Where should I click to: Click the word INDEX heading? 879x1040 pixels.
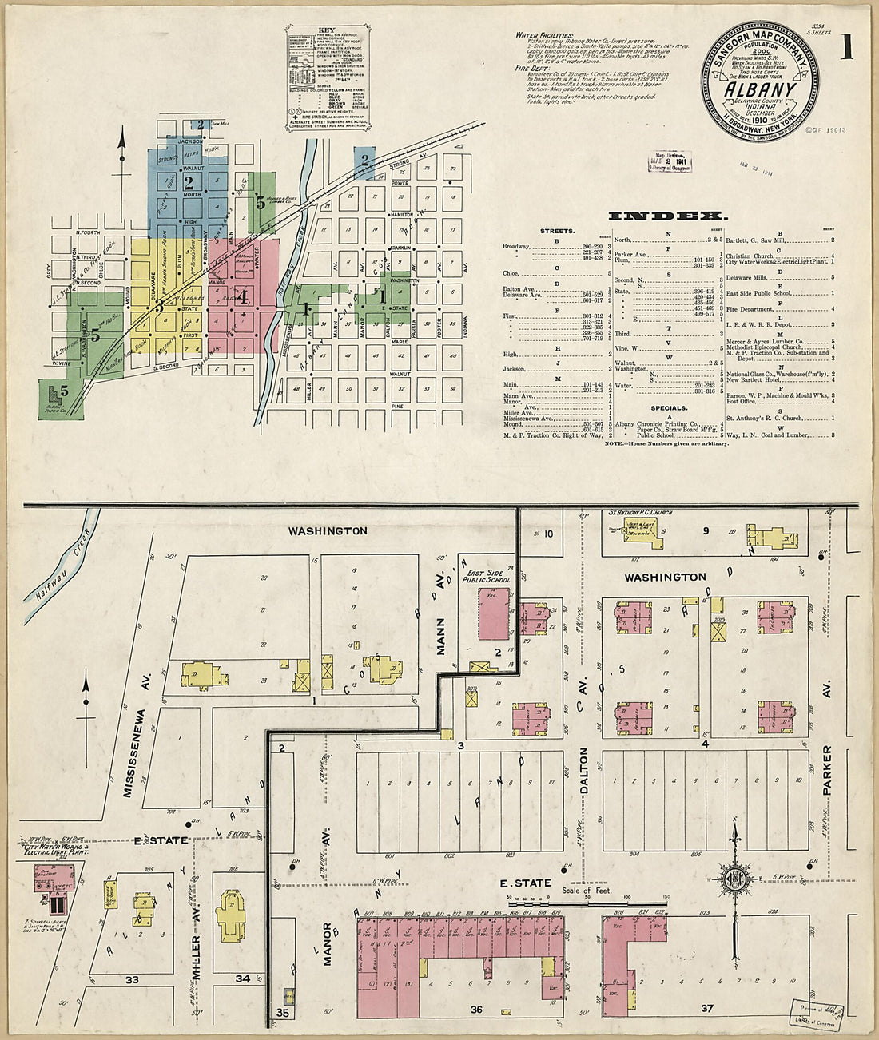(668, 216)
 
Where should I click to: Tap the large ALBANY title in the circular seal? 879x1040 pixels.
(759, 89)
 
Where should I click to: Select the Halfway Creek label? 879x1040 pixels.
(60, 571)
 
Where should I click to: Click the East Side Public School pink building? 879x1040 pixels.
(494, 613)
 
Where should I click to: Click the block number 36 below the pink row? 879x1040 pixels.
(476, 1010)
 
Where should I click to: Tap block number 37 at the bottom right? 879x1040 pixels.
(706, 1008)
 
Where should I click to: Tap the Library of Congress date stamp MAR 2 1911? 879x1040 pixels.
(671, 161)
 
